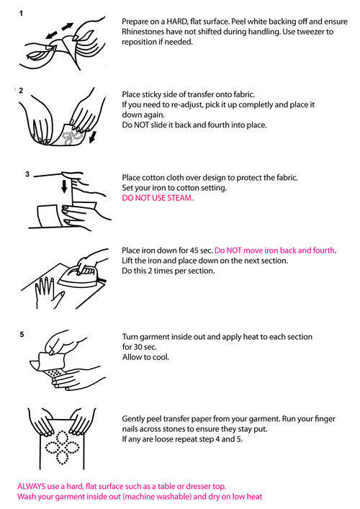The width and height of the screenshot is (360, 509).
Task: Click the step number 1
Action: (x=21, y=13)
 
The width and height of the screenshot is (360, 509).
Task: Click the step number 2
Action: (x=21, y=90)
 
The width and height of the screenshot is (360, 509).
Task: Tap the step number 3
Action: (x=27, y=174)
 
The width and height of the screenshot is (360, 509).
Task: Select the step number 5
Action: (x=22, y=334)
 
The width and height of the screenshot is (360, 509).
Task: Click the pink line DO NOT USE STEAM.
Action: (x=158, y=198)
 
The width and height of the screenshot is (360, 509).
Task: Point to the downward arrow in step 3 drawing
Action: (x=64, y=186)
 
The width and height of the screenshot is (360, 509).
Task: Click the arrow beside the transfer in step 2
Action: (x=93, y=136)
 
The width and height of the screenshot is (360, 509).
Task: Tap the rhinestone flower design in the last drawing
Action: (x=62, y=447)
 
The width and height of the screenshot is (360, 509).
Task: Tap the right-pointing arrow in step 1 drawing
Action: (x=68, y=27)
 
